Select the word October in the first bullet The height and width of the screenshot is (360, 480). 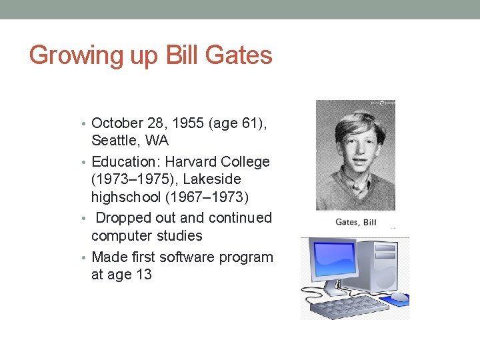tap(117, 123)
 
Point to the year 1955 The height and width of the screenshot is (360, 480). tap(191, 123)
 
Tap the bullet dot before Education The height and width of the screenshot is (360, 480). tap(87, 163)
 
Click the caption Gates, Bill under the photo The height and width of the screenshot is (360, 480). tap(355, 221)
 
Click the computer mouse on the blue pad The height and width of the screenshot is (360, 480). tap(397, 297)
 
